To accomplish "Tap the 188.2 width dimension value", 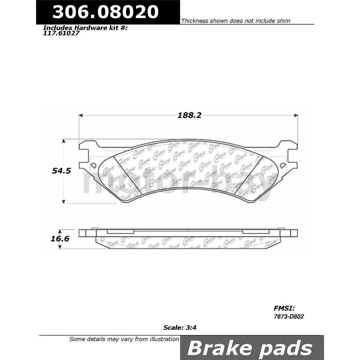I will (189, 115).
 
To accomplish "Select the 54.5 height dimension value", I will (60, 170).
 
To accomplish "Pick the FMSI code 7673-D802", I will (288, 316).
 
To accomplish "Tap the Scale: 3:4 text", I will (180, 327).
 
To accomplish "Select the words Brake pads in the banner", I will (249, 348).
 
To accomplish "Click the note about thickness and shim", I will (235, 21).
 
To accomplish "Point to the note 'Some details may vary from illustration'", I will (124, 339).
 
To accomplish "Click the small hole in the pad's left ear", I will (93, 165).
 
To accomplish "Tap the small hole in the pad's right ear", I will (283, 165).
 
